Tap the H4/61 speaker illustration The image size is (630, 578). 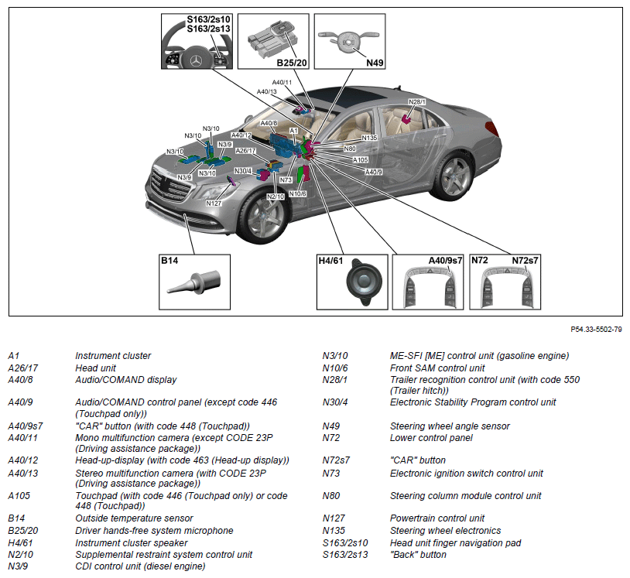pyautogui.click(x=361, y=282)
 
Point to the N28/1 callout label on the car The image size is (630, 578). pyautogui.click(x=417, y=102)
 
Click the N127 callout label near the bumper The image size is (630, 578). pyautogui.click(x=214, y=203)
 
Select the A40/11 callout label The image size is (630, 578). pyautogui.click(x=282, y=82)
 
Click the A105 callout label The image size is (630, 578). pyautogui.click(x=361, y=160)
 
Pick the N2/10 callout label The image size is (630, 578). pyautogui.click(x=276, y=197)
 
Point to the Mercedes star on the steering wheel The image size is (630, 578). pyautogui.click(x=197, y=59)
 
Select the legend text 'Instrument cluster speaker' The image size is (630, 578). pyautogui.click(x=132, y=543)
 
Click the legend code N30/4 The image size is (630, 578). pyautogui.click(x=335, y=402)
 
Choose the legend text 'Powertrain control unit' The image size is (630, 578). pyautogui.click(x=437, y=518)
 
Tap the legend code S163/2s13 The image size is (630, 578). pyautogui.click(x=345, y=555)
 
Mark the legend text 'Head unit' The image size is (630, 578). pyautogui.click(x=96, y=368)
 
